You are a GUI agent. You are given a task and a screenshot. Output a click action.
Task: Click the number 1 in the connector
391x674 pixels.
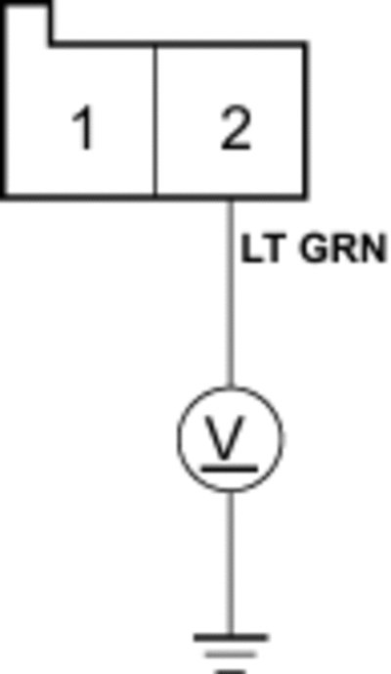click(x=83, y=128)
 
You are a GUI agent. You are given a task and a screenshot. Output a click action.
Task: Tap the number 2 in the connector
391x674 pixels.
click(x=236, y=128)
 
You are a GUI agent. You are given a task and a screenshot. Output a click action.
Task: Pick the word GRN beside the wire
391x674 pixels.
click(x=342, y=248)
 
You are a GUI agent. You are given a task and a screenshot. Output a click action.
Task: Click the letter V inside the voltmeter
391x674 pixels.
click(x=225, y=436)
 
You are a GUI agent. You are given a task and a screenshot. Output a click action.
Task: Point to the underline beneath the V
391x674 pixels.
click(x=230, y=469)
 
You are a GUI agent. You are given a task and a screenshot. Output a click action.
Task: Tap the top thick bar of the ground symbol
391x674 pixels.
click(x=231, y=638)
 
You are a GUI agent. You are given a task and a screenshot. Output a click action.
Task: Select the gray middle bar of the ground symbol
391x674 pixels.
click(x=231, y=655)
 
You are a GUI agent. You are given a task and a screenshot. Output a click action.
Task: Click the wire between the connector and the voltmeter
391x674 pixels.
click(x=231, y=293)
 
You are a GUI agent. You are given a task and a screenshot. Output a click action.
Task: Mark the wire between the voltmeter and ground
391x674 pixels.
click(x=231, y=562)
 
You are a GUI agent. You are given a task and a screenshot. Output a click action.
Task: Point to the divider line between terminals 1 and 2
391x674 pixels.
click(x=155, y=119)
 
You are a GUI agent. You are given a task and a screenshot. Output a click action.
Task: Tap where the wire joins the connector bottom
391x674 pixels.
click(x=231, y=199)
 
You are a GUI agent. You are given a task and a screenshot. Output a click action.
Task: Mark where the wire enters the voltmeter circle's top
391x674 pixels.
click(x=231, y=386)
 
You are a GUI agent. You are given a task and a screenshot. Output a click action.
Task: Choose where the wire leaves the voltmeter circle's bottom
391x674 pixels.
click(x=231, y=491)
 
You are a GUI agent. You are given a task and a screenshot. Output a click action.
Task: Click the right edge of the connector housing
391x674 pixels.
click(x=306, y=120)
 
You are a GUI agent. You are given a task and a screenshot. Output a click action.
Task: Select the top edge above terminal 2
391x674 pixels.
click(x=231, y=43)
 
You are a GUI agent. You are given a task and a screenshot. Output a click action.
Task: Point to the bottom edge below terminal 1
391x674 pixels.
click(x=79, y=198)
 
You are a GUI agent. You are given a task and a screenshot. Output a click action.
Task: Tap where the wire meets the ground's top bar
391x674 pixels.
click(x=231, y=635)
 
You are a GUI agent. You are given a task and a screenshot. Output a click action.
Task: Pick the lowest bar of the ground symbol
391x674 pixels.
click(x=231, y=671)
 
